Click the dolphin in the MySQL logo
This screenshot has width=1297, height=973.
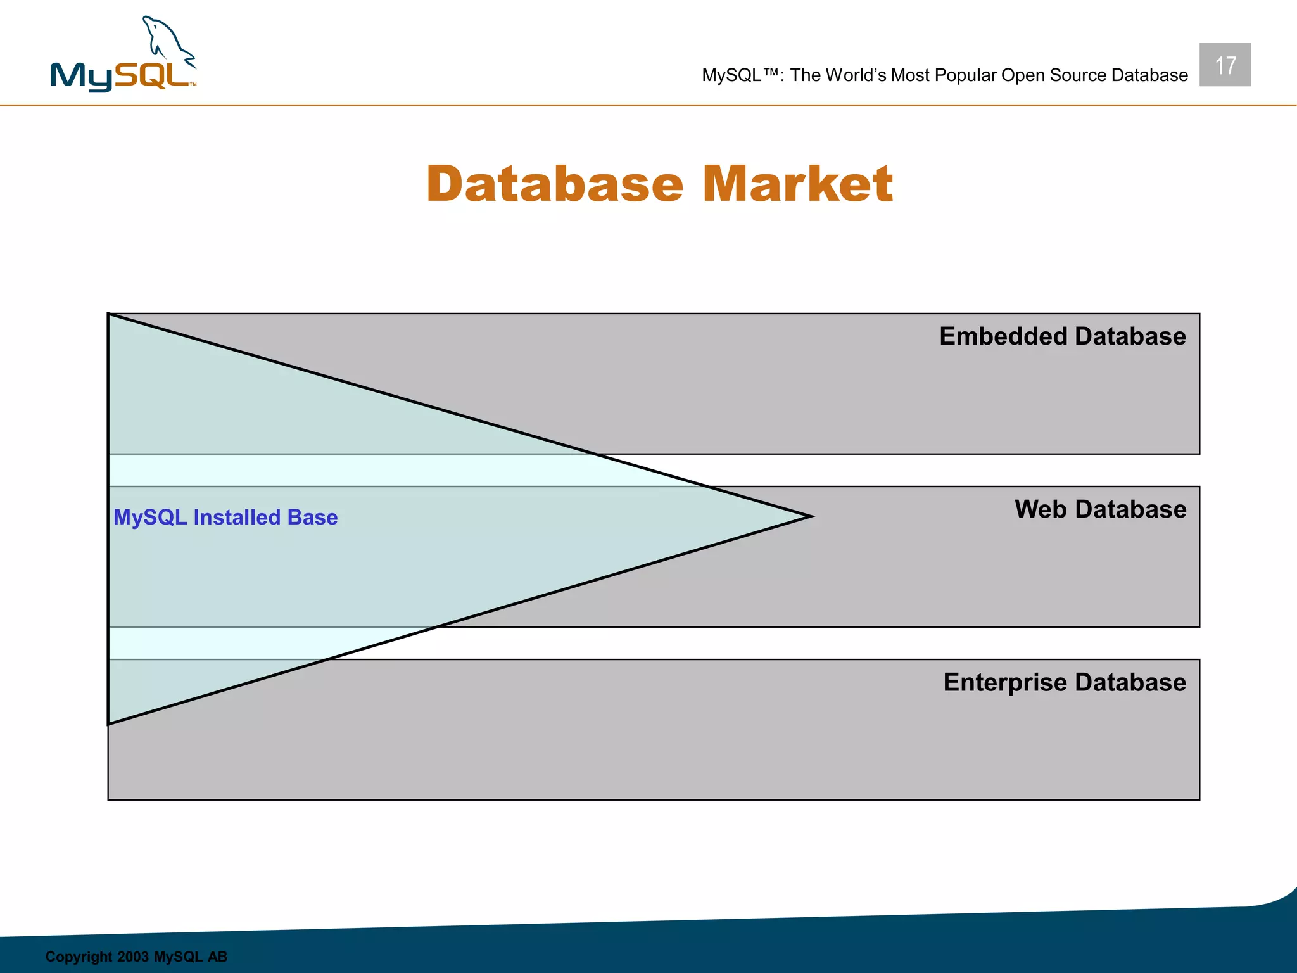coord(166,42)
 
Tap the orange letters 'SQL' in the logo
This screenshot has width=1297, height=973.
coord(153,75)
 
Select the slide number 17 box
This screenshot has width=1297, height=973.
coord(1224,65)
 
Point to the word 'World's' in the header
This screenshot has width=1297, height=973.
coord(856,75)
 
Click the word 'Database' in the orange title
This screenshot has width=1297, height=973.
coord(555,184)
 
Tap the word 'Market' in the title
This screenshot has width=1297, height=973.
coord(797,184)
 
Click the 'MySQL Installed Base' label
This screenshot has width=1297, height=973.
coord(225,518)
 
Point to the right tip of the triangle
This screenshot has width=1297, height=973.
coord(810,516)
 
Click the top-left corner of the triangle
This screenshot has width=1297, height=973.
coord(110,315)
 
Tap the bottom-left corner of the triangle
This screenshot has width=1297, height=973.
coord(110,723)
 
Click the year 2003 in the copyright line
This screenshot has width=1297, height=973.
coord(133,957)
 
